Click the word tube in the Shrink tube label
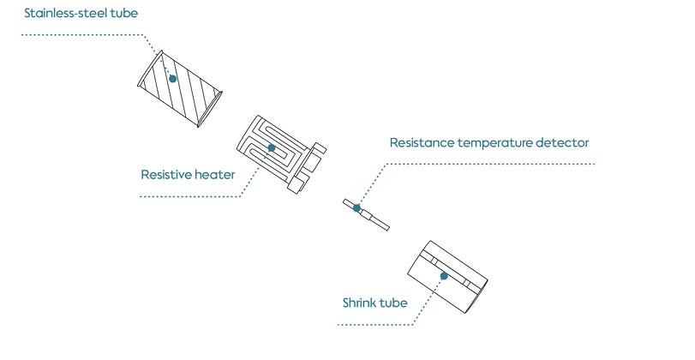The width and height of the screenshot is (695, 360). pos(396,303)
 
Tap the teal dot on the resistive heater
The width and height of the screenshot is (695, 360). pos(273,147)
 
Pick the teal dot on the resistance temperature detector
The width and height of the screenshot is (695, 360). pos(356,207)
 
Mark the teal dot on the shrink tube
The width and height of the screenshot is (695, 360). pos(444,275)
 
